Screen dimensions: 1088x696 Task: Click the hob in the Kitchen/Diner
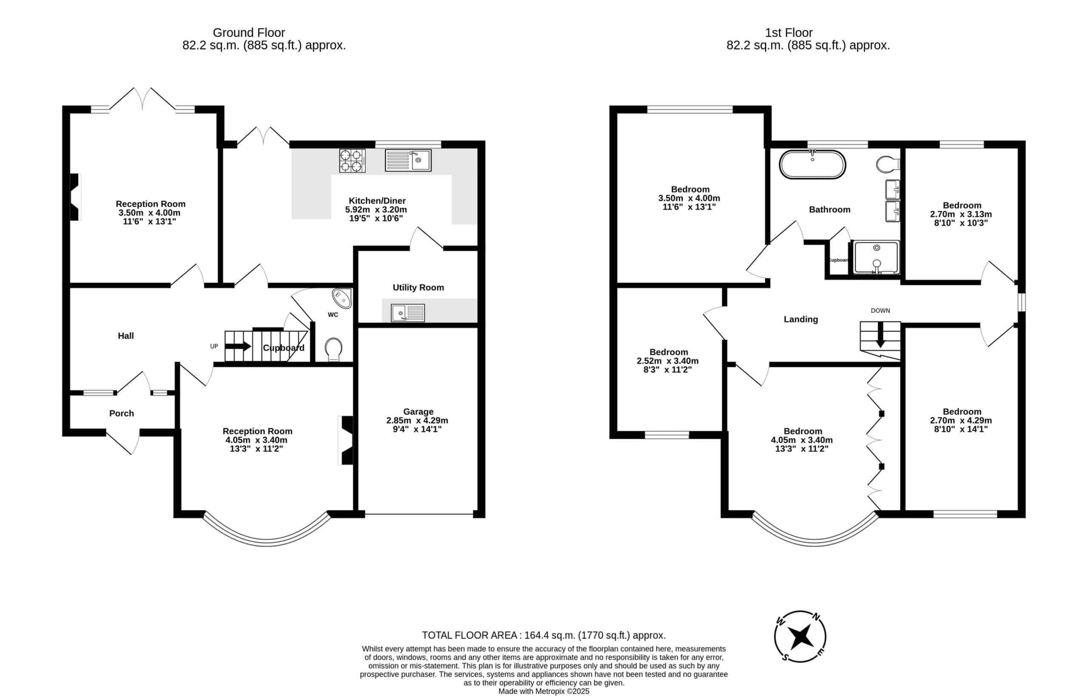tap(352, 161)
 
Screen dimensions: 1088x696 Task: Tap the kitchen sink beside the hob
tap(408, 161)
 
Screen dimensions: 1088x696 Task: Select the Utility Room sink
tap(408, 313)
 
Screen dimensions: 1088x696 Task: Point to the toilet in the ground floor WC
tap(334, 349)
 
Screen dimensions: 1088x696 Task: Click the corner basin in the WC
tap(342, 298)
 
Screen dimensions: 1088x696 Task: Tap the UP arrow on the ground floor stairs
tap(238, 347)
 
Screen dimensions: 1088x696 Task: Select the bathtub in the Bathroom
tap(812, 164)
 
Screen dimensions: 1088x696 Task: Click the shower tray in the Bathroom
tap(876, 257)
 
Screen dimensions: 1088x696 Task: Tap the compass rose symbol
tap(800, 637)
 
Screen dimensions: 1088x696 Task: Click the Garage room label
tap(418, 412)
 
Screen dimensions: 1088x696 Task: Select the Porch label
tap(122, 413)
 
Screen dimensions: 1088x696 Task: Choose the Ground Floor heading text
tap(249, 33)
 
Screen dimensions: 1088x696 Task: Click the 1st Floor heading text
tap(789, 33)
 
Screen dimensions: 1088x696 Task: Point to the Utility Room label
tap(418, 287)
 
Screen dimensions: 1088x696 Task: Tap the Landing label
tap(801, 320)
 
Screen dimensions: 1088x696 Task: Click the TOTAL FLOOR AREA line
tap(544, 635)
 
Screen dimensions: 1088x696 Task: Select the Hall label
tap(126, 336)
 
